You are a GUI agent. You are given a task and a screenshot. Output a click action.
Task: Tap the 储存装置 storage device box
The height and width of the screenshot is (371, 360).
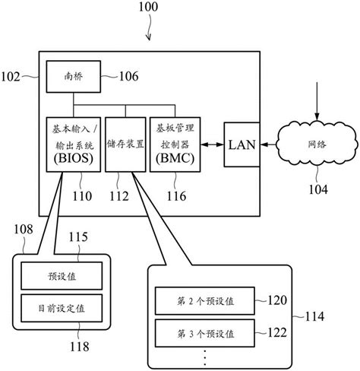coord(124,144)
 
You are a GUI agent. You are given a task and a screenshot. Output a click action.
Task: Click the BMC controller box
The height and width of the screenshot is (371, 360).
coord(174,144)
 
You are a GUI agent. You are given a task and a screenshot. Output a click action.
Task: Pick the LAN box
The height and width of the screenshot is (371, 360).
coord(242,144)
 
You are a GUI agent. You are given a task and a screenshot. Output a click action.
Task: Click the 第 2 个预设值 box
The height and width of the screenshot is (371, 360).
coord(205,301)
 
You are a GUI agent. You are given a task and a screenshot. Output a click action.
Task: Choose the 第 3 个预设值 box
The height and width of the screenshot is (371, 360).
coord(205,332)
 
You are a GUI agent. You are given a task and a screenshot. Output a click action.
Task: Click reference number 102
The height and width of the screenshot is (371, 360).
coord(13,75)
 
